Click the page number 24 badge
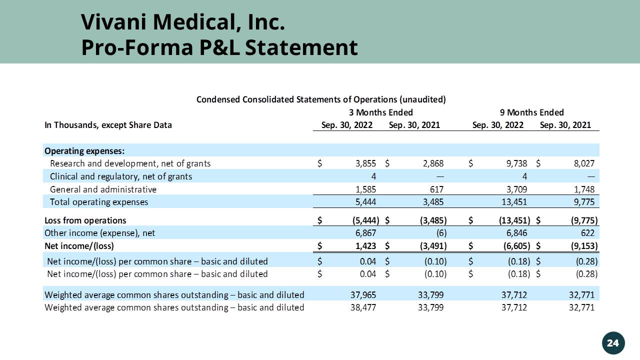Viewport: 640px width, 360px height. pos(612,342)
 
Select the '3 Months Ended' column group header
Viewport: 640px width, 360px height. pos(381,112)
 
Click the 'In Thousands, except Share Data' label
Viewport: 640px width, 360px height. pos(108,125)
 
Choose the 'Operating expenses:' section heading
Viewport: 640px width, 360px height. pos(84,151)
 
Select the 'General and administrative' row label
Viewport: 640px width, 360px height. pos(103,189)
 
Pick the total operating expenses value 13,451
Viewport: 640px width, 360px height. pos(513,202)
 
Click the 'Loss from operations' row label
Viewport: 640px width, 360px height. pos(85,220)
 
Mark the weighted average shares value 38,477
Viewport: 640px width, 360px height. pos(363,307)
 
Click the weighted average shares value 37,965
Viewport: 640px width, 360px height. pos(363,294)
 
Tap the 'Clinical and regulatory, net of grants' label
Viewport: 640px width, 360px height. pos(120,176)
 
